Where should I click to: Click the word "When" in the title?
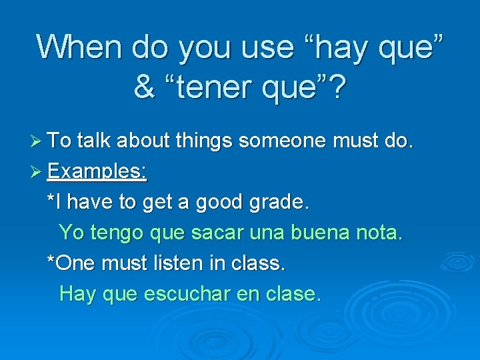pyautogui.click(x=81, y=47)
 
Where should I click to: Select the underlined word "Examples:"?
pyautogui.click(x=97, y=171)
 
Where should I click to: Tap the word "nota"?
pyautogui.click(x=379, y=233)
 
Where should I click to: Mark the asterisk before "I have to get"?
pyautogui.click(x=51, y=199)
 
